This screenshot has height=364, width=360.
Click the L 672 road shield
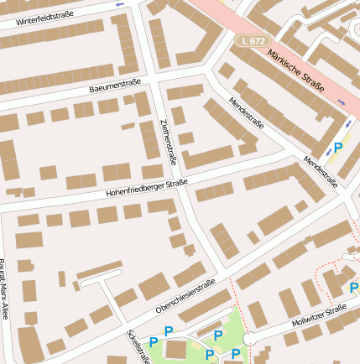252,39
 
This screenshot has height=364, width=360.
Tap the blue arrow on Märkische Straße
342,102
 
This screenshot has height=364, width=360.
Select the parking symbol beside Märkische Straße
338,148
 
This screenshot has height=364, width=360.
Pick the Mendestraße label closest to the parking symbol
321,171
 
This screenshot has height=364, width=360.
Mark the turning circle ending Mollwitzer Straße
248,338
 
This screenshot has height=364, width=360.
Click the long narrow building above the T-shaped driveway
99,270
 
